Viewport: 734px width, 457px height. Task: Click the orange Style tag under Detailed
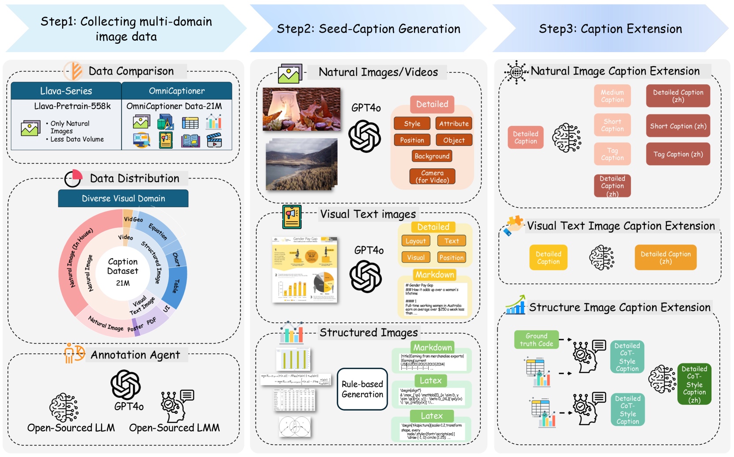click(412, 124)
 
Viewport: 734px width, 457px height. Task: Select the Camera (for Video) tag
click(432, 177)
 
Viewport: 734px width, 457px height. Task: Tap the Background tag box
click(432, 156)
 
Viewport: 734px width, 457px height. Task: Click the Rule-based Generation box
click(362, 389)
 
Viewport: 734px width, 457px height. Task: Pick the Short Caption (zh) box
click(678, 126)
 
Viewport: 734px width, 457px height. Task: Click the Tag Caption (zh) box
click(678, 154)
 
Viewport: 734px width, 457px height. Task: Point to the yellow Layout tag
click(415, 241)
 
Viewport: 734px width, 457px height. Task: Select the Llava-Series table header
click(66, 91)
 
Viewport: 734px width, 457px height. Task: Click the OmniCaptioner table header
click(177, 91)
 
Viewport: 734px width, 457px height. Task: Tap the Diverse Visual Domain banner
click(123, 199)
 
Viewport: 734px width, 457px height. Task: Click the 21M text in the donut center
click(123, 283)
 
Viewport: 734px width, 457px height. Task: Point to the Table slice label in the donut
click(176, 286)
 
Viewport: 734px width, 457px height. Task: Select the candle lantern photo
click(301, 109)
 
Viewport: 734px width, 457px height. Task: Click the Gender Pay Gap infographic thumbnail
click(305, 270)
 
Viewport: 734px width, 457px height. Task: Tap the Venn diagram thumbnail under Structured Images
click(295, 427)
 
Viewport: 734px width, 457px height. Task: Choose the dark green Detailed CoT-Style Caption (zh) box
click(694, 384)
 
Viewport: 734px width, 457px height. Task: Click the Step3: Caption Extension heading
click(610, 29)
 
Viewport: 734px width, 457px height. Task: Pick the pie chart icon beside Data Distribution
click(73, 178)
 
